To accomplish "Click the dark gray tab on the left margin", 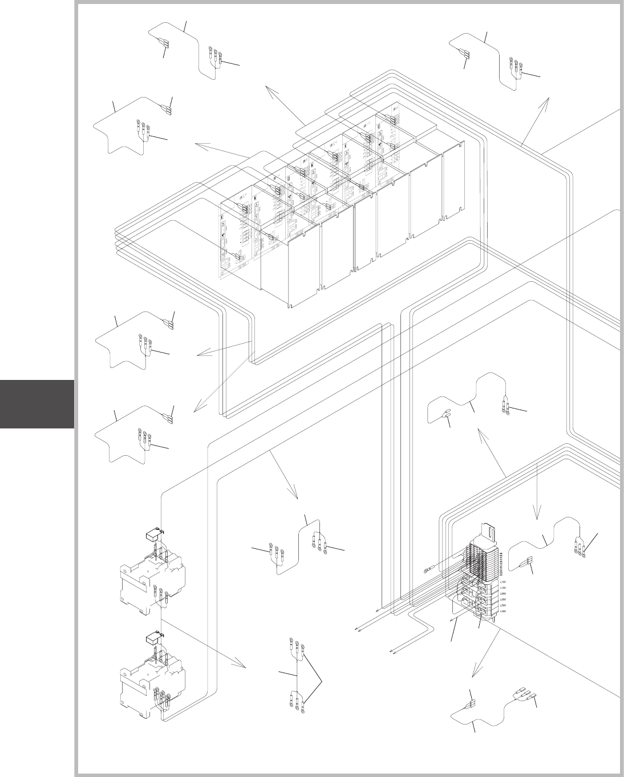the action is pos(37,404).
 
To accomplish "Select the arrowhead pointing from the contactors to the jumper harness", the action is pos(242,666).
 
